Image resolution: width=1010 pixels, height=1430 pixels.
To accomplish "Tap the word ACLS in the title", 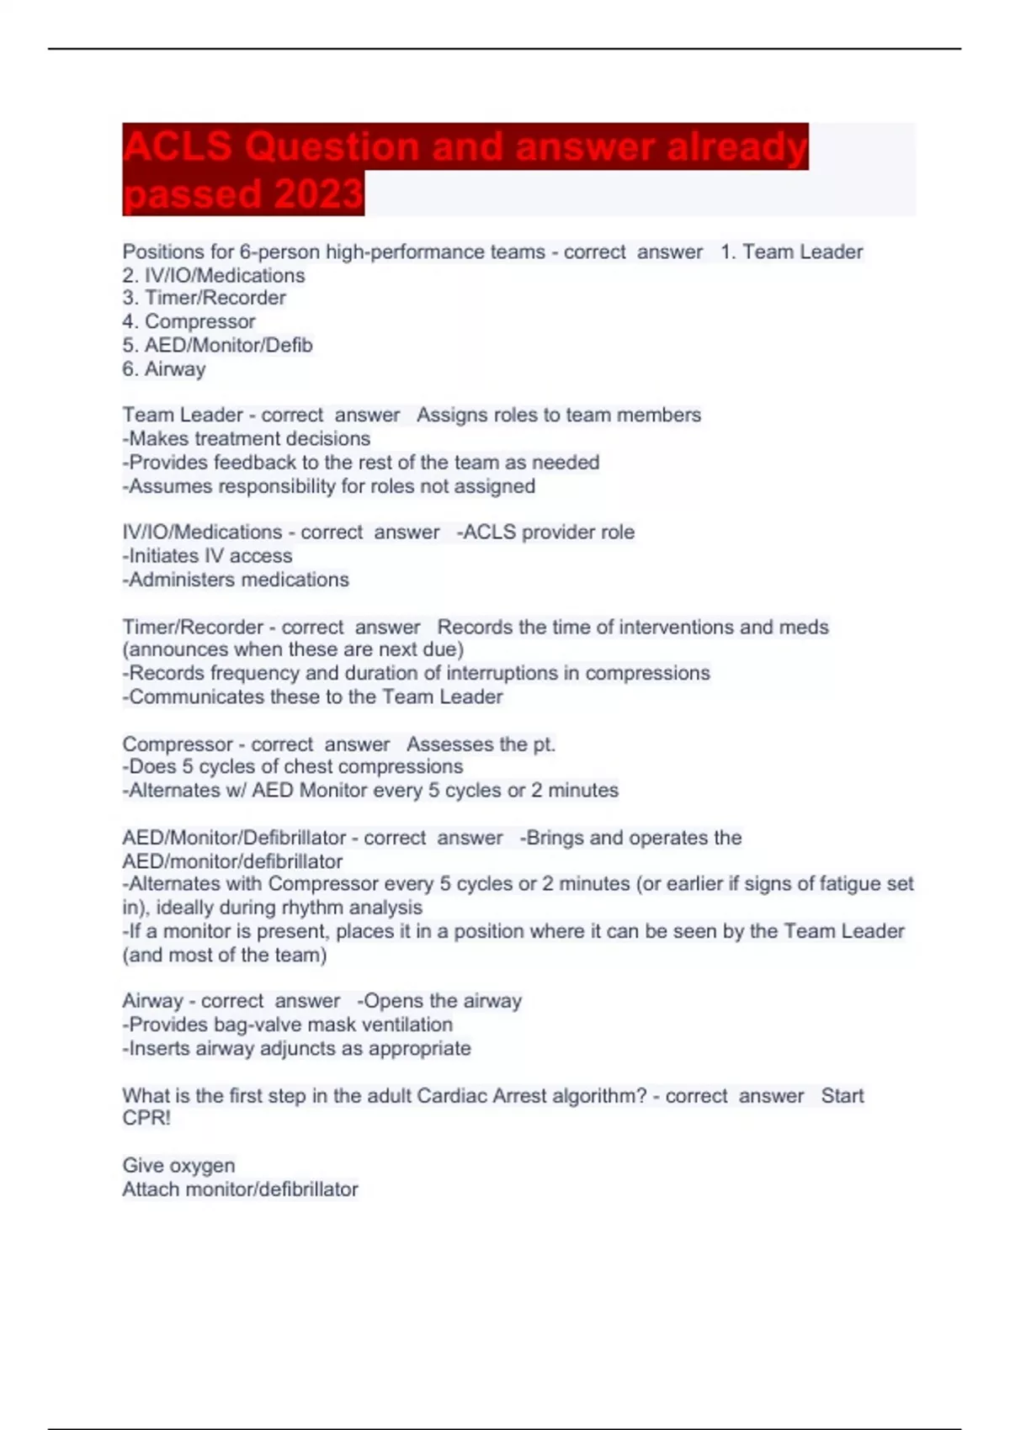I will [177, 146].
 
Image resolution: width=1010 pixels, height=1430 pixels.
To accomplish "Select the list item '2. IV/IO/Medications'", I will [214, 275].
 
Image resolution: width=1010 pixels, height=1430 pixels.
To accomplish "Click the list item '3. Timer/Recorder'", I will [204, 298].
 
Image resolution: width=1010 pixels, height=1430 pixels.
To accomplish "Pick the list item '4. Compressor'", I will [189, 321].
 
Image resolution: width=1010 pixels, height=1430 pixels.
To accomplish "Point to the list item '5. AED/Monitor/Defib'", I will [217, 345].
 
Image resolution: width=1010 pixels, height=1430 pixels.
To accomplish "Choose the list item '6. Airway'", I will [164, 368].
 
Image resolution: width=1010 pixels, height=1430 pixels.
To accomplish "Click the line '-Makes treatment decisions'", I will [246, 438].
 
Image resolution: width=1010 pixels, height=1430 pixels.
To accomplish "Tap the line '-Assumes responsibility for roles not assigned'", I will [328, 486].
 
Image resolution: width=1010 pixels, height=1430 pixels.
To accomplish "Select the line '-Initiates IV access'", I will [207, 556].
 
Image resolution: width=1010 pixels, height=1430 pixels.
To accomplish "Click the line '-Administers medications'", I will [236, 580].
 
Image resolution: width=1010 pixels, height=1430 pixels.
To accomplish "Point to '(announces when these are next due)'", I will [293, 649].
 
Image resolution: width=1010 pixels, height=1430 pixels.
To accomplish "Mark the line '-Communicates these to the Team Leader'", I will [312, 696].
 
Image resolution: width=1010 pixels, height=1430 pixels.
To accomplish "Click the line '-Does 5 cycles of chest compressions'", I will [292, 766].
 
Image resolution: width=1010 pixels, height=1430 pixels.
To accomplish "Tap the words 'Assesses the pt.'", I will [481, 744].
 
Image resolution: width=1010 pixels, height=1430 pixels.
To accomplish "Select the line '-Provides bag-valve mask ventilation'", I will [287, 1025].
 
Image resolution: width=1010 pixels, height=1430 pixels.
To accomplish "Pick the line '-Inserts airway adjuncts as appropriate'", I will [296, 1048].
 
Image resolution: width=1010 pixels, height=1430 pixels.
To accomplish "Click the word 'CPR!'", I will [146, 1119].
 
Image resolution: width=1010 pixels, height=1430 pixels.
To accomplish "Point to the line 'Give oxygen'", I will [178, 1166].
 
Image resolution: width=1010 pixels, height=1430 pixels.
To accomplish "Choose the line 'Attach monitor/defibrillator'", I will [240, 1189].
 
